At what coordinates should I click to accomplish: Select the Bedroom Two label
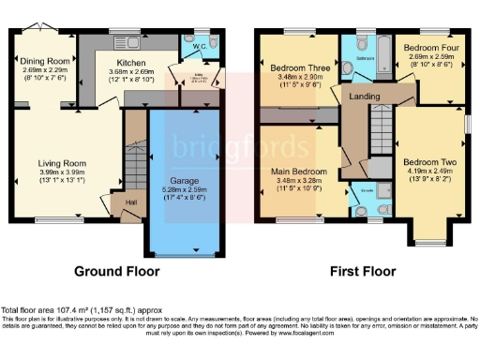click(x=427, y=161)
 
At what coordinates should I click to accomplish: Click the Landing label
click(x=364, y=97)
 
